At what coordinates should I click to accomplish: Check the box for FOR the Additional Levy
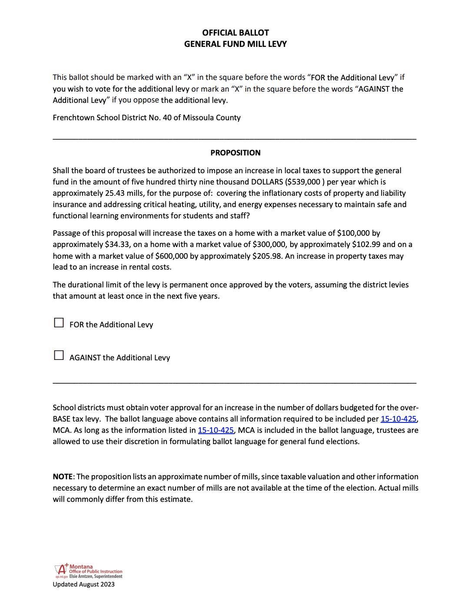coord(59,323)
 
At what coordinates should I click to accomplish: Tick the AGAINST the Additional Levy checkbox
coord(59,356)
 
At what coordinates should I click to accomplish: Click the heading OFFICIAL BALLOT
coord(235,33)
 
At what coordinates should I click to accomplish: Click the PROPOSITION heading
coord(235,153)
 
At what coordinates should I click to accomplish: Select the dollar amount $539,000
coord(303,182)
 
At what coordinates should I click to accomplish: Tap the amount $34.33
coord(117,244)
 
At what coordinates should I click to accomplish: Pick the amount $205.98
coord(267,256)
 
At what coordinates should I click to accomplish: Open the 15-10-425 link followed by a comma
coord(398,419)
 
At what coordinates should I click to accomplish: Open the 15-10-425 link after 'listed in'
coord(216,430)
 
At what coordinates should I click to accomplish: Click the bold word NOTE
coord(63,477)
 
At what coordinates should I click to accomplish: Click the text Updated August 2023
coord(84,584)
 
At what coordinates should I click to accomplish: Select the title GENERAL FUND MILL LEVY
coord(235,44)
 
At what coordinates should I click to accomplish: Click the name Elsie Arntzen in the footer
coord(80,577)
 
